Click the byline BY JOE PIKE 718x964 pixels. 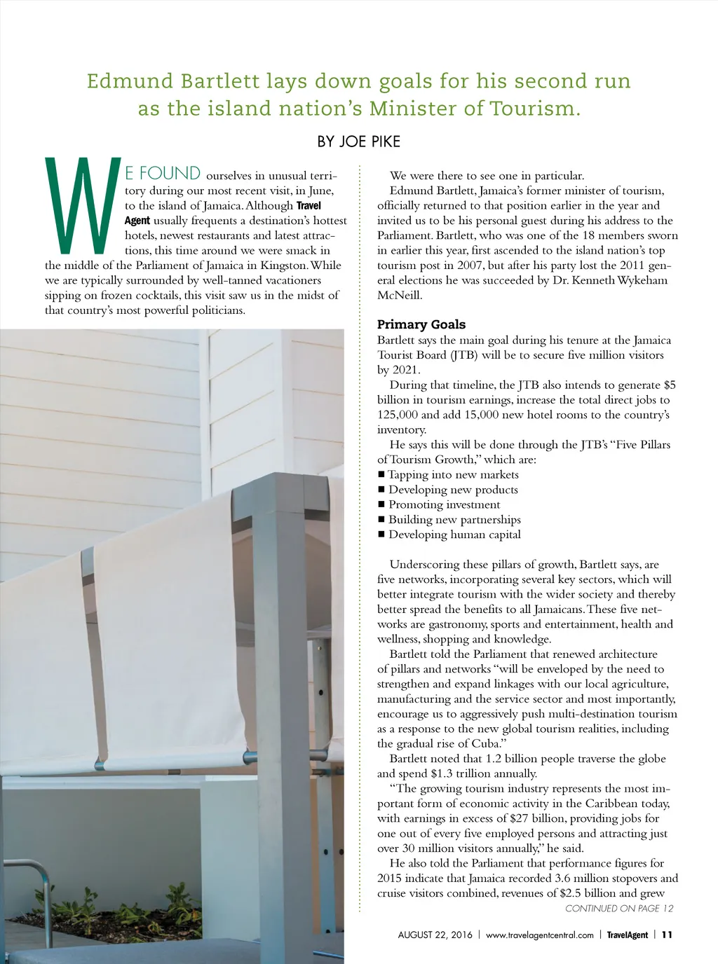click(x=358, y=142)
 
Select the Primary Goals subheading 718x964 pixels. click(x=421, y=324)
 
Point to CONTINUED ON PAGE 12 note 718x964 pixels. click(x=618, y=909)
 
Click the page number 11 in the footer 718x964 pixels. click(x=666, y=935)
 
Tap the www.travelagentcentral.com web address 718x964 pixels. click(x=539, y=935)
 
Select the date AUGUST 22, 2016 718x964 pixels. click(x=435, y=935)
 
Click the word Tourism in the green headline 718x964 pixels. click(x=532, y=109)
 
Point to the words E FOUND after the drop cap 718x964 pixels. click(x=163, y=174)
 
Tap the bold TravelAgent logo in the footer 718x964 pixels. click(x=627, y=935)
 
